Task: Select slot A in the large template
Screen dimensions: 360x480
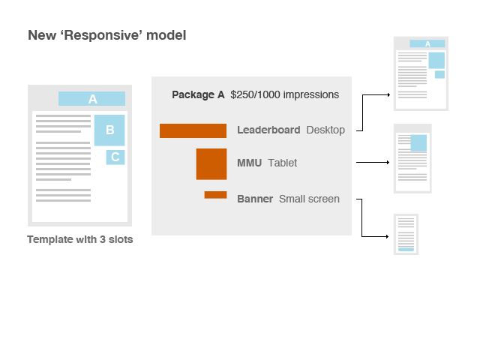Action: [92, 99]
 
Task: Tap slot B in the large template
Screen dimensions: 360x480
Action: [109, 130]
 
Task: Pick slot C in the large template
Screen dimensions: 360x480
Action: [115, 157]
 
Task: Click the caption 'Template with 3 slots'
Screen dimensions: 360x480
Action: [79, 240]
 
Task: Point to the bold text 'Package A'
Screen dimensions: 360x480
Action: [198, 94]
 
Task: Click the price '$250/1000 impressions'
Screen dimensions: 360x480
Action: [284, 94]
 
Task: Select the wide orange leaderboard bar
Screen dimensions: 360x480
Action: [193, 131]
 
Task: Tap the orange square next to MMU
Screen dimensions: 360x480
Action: [211, 163]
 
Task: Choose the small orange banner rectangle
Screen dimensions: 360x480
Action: [215, 195]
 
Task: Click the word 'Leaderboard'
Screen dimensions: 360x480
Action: [268, 130]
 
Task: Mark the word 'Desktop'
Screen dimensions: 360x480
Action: [325, 130]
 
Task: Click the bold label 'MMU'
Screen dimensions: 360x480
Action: [249, 163]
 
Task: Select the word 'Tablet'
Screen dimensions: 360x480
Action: [282, 163]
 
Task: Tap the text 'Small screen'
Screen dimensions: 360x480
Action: [309, 199]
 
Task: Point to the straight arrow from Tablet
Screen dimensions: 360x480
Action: [373, 162]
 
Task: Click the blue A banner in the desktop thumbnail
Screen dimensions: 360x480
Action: [427, 43]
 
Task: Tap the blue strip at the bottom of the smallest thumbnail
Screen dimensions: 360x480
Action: [406, 249]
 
